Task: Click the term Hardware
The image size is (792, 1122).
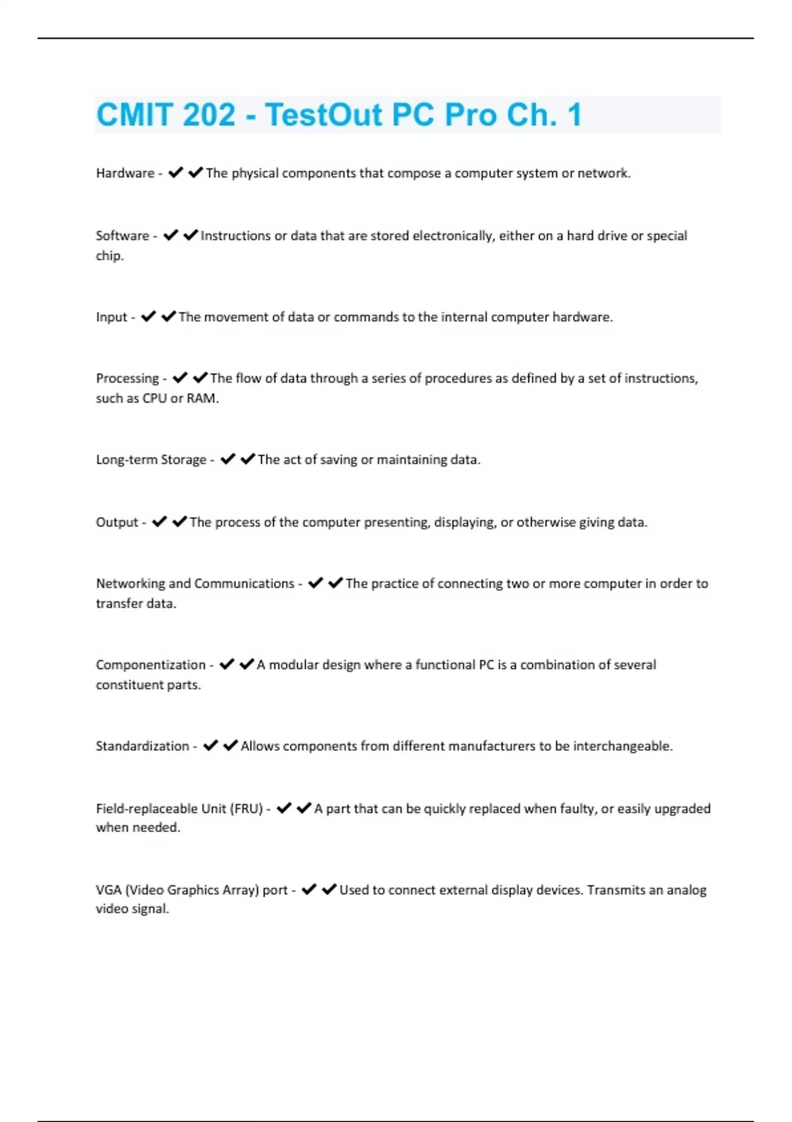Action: (125, 173)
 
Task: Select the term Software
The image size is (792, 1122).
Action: (122, 236)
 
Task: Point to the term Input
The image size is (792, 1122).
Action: (111, 317)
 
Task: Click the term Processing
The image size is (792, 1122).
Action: (127, 378)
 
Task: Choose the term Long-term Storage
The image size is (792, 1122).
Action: (151, 459)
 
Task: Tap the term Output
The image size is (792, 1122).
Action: (117, 522)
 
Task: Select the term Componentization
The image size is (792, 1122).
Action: (150, 665)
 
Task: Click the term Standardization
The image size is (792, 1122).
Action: (142, 746)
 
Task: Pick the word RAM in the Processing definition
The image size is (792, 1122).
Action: (201, 398)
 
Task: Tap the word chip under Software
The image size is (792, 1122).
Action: (109, 256)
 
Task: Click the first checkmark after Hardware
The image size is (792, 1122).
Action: (175, 173)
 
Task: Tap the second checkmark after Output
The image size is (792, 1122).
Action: (179, 522)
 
